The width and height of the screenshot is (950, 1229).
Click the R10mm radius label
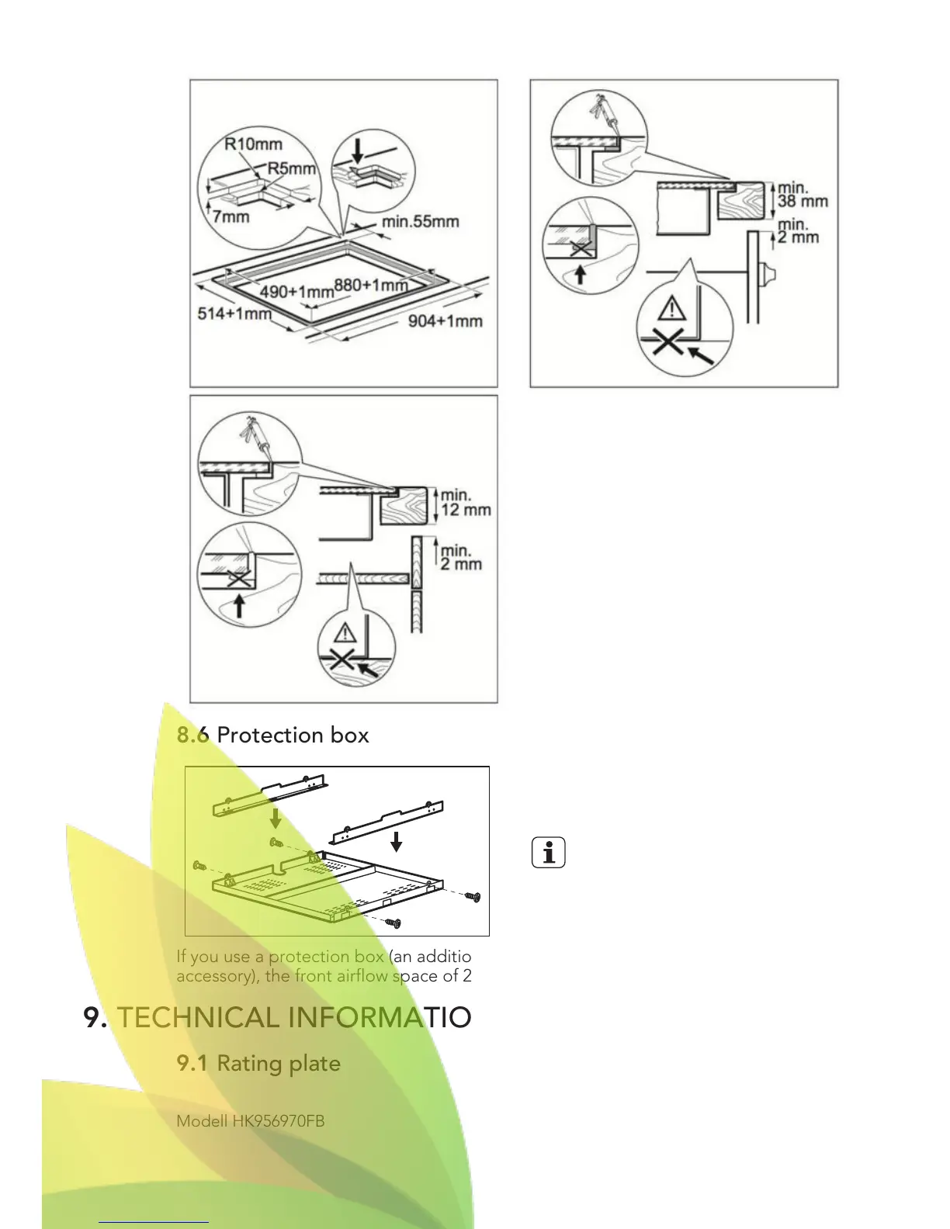tap(253, 144)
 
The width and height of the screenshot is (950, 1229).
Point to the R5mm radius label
tap(292, 168)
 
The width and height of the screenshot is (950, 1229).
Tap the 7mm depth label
tap(231, 216)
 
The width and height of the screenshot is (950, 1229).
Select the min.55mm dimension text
tap(420, 222)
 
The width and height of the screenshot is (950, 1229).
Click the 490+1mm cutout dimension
tap(296, 292)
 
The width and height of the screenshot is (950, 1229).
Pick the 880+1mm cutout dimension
tap(371, 285)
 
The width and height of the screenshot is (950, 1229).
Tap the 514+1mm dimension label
tap(234, 313)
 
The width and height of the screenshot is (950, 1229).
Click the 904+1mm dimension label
tap(445, 320)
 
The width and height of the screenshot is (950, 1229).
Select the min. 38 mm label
tap(802, 195)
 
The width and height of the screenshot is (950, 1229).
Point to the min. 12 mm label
tap(465, 502)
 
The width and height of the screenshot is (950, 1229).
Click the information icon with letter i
tap(549, 853)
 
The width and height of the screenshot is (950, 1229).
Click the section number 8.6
tap(192, 735)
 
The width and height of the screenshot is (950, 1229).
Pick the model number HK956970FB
tap(278, 1120)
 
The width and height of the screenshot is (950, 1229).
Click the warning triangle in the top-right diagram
tap(671, 310)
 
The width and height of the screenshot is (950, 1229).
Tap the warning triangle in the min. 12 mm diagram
tap(345, 632)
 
